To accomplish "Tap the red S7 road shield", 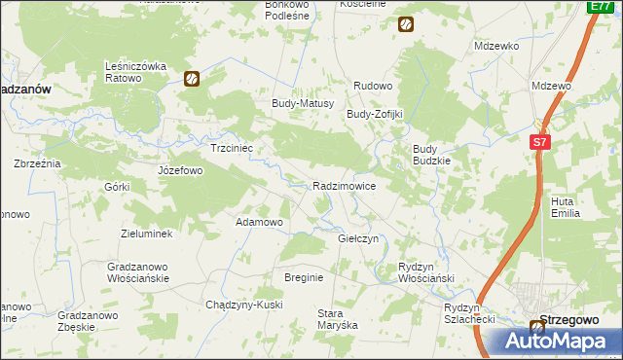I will [541, 142].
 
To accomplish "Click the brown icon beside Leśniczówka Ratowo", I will [193, 79].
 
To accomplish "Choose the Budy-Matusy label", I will [303, 103].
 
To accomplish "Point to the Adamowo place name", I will [259, 222].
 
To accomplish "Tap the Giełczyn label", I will [357, 238].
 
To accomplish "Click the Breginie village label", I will [304, 277].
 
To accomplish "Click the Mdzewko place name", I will [496, 46].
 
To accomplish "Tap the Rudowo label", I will [372, 86].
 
